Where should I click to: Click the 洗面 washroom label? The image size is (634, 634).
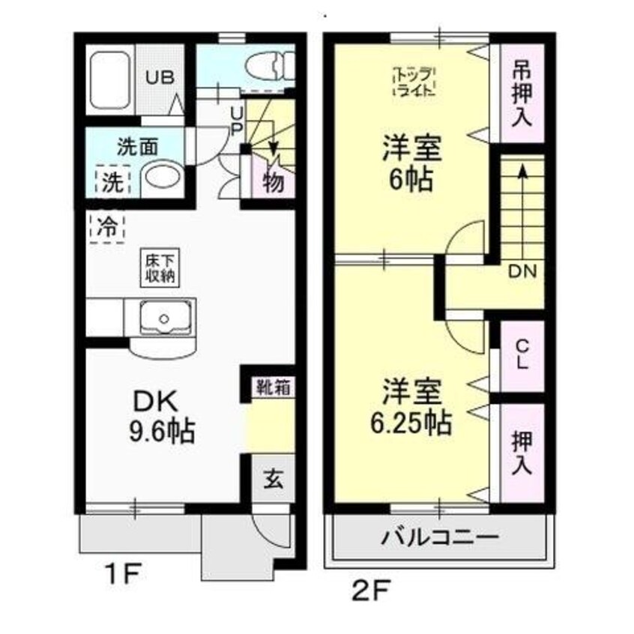point(137,147)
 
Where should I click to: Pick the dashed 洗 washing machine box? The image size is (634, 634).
point(112,181)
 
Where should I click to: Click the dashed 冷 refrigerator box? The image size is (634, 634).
point(106,226)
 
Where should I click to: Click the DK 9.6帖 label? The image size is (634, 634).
point(164,417)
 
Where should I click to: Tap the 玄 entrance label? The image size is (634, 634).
point(272,478)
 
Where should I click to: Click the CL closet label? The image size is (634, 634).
point(522,354)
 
